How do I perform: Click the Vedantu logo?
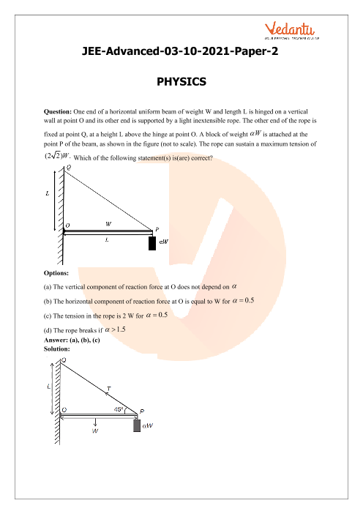point(291,31)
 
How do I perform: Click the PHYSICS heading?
point(181,81)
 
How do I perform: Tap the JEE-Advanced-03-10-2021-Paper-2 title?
point(180,51)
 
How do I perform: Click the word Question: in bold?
point(58,111)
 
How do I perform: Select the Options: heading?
point(56,273)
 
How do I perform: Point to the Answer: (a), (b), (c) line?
point(72,340)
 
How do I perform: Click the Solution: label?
point(57,349)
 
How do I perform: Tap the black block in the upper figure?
point(152,243)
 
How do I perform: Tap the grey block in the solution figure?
point(137,425)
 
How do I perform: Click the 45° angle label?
point(119,409)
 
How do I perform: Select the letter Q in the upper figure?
point(69,167)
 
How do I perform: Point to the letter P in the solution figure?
point(142,411)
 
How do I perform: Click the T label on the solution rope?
point(109,389)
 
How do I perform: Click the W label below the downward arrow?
point(95,431)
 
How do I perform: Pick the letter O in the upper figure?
point(67,226)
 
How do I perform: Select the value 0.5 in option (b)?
point(250,300)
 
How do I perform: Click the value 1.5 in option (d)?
point(121,329)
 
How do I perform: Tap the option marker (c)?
point(48,316)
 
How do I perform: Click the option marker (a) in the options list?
point(48,287)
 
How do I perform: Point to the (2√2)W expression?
point(57,156)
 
